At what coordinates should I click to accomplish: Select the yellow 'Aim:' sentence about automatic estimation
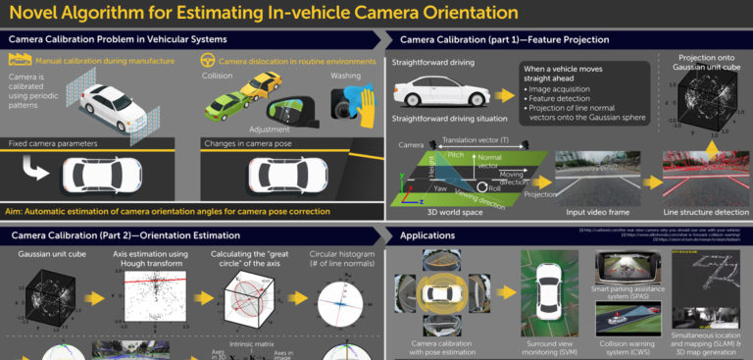pyautogui.click(x=167, y=210)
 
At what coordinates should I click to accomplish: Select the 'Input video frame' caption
pyautogui.click(x=596, y=210)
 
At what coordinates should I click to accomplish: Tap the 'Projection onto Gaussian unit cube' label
pyautogui.click(x=705, y=64)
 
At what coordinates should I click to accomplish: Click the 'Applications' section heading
pyautogui.click(x=429, y=235)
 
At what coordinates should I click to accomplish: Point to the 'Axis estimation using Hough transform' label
pyautogui.click(x=146, y=259)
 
